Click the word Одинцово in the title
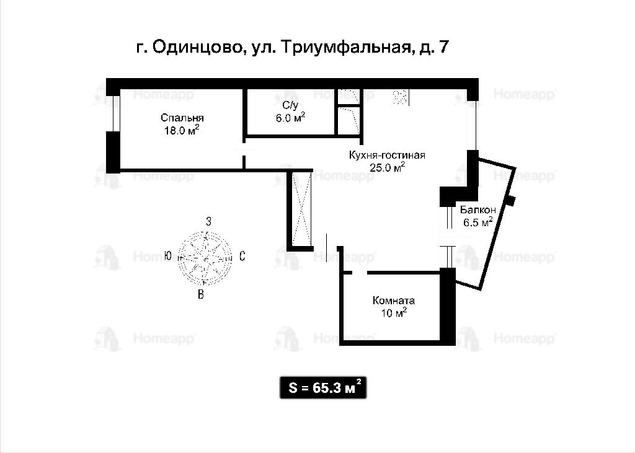pos(198,48)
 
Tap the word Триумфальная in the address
pos(345,48)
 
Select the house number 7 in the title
pos(443,47)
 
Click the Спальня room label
pos(182,118)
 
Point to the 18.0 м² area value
pos(182,130)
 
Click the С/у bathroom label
pos(290,105)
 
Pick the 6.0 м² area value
pos(290,118)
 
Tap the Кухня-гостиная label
pos(387,155)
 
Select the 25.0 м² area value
pos(388,167)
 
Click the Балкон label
pos(478,209)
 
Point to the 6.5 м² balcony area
pos(478,222)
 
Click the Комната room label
pos(394,301)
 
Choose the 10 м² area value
pos(394,312)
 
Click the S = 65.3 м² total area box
pos(323,387)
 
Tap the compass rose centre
pos(205,258)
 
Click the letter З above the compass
pos(208,221)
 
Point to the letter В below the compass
pos(201,294)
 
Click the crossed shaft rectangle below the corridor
pos(300,210)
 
